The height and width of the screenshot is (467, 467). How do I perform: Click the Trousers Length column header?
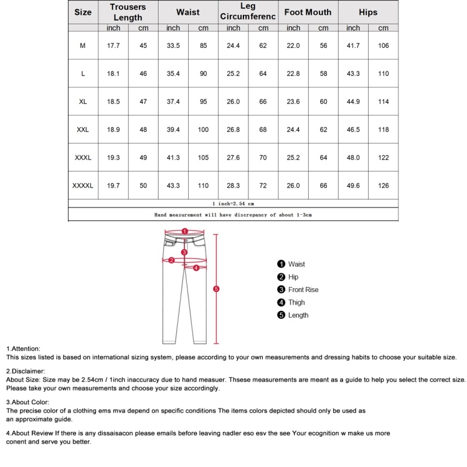tap(128, 12)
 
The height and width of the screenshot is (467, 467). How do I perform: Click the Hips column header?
tap(368, 12)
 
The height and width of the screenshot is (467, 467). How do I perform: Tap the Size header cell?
tap(83, 12)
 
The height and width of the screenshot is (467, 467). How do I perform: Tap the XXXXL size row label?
tap(83, 186)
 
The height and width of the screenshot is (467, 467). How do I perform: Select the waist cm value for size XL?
tap(203, 101)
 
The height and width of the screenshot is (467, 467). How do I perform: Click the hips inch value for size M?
tap(353, 45)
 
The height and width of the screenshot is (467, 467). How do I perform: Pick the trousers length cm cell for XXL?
tap(143, 130)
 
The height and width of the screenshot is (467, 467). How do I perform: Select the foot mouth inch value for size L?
tap(293, 73)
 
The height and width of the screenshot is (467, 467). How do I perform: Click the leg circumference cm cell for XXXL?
tap(263, 158)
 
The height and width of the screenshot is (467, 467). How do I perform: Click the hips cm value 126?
tap(383, 186)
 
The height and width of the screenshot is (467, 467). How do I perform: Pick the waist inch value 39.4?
tap(173, 130)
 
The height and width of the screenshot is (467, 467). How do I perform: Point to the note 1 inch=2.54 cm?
tap(233, 203)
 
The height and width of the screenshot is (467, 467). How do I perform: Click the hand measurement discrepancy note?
tap(233, 214)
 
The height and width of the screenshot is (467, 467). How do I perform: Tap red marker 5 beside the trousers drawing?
tap(216, 289)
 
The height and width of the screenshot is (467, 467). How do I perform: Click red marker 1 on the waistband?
tap(185, 231)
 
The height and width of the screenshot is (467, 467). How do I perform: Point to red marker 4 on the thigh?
tap(196, 268)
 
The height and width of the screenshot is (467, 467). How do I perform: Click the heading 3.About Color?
tap(27, 402)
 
